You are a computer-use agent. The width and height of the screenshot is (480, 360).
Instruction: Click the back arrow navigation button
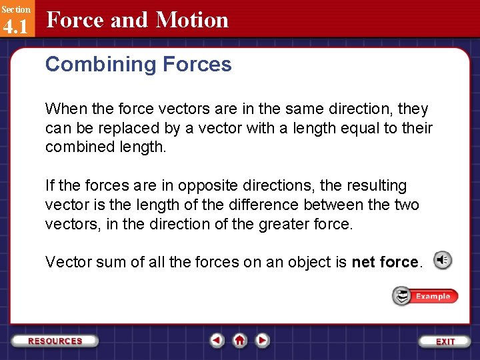point(217,341)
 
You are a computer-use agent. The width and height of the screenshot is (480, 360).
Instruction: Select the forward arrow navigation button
point(263,341)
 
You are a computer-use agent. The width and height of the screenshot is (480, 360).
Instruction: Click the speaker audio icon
point(442,261)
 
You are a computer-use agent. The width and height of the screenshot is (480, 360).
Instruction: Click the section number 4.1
point(15,27)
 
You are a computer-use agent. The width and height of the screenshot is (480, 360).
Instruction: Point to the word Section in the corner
point(15,9)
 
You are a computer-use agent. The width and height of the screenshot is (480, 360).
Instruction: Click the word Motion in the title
point(192,20)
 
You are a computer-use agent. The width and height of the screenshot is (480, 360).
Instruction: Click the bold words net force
point(386,262)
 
